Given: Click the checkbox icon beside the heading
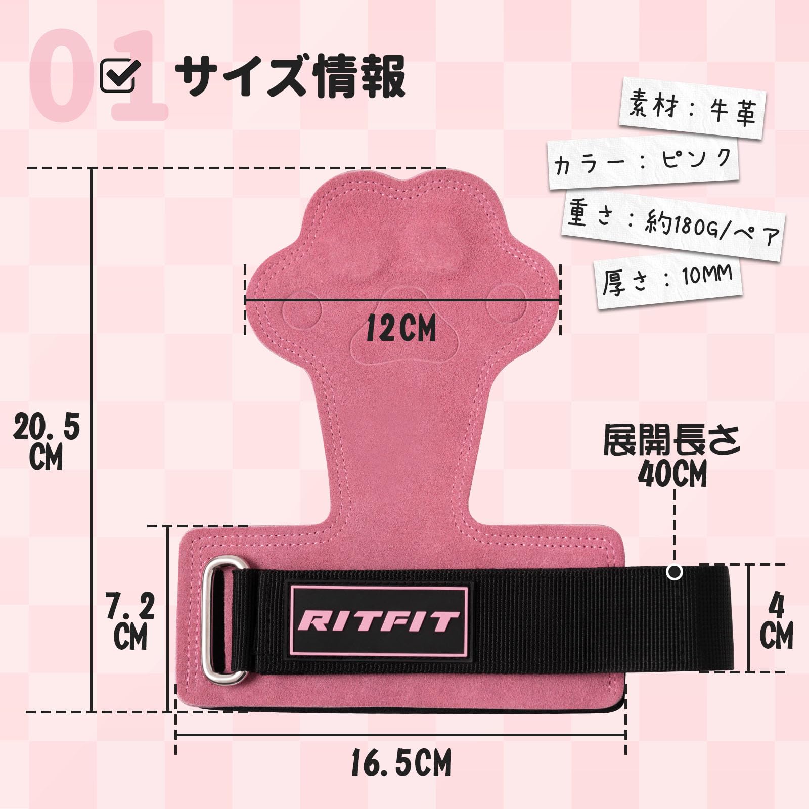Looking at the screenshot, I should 118,75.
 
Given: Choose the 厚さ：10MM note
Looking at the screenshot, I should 667,281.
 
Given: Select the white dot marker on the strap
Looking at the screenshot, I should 675,572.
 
